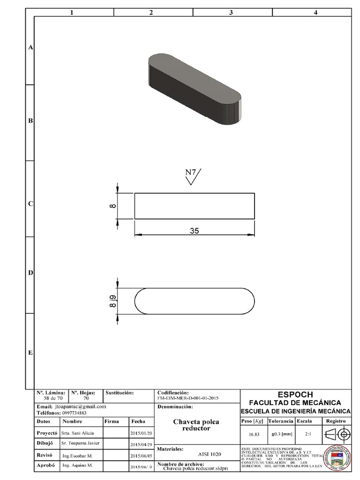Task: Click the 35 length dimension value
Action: coord(195,230)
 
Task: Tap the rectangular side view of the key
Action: coord(195,206)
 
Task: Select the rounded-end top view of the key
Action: coord(195,301)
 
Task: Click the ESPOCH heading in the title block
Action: coord(295,395)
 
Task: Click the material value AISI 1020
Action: coord(209,454)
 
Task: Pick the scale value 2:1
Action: coord(308,435)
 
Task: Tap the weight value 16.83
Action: coord(254,435)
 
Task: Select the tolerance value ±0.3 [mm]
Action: coord(281,435)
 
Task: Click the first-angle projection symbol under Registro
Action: coord(337,434)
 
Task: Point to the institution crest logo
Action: coord(337,457)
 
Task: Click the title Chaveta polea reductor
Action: coord(196,425)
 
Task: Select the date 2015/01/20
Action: coord(141,434)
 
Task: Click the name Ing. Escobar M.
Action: coord(77,455)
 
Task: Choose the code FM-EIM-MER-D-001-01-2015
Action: coord(188,397)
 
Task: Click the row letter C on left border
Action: coord(30,204)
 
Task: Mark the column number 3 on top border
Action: coord(231,13)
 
